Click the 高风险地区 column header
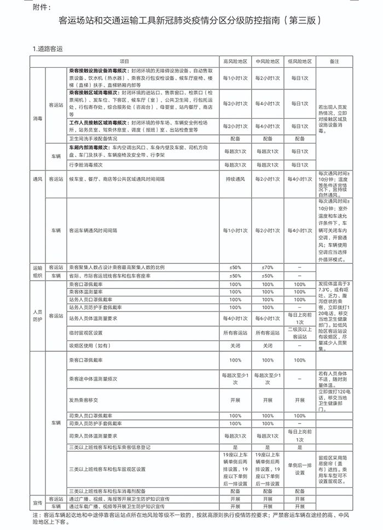click(x=235, y=62)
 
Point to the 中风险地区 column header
click(x=268, y=62)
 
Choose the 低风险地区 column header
click(x=300, y=62)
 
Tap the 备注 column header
click(x=334, y=62)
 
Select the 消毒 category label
click(x=38, y=118)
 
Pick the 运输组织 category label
click(x=38, y=272)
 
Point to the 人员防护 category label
click(x=38, y=315)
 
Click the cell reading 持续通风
click(x=235, y=179)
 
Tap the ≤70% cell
click(x=268, y=267)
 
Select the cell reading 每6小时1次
click(x=268, y=318)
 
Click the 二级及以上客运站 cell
click(x=300, y=333)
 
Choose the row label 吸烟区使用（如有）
click(x=89, y=346)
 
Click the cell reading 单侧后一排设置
click(x=300, y=469)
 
